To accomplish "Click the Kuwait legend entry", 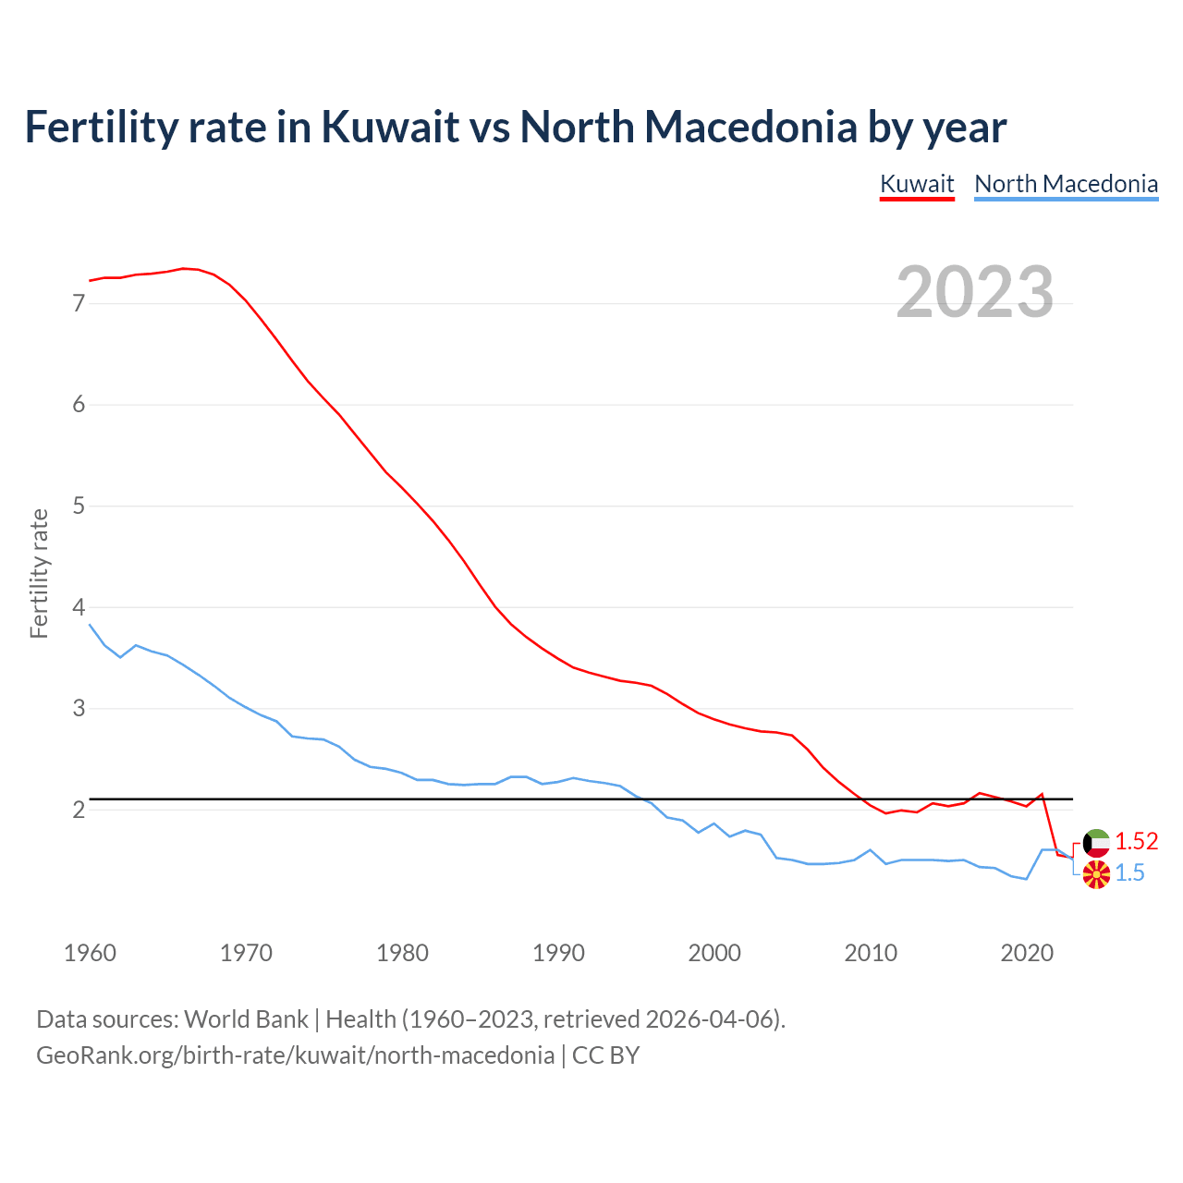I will click(x=916, y=184).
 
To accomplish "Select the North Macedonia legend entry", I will click(x=1066, y=184).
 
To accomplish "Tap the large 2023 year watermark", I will click(x=975, y=292).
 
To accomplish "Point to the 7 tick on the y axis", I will click(x=79, y=303).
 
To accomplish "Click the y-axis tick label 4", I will click(x=79, y=607).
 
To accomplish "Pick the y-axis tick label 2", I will click(x=79, y=810).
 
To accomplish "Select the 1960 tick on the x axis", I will click(x=90, y=953).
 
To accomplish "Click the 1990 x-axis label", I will click(x=558, y=953).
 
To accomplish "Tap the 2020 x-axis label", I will click(x=1027, y=953).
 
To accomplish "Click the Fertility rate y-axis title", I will click(x=39, y=573).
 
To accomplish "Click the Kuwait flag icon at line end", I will click(x=1096, y=842).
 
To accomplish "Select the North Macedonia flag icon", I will click(x=1096, y=873).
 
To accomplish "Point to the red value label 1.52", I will click(x=1136, y=841).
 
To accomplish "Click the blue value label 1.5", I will click(x=1129, y=873).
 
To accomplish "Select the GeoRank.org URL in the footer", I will click(x=295, y=1055).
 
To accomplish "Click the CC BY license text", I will click(x=605, y=1055).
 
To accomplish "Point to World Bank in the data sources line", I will click(x=246, y=1019).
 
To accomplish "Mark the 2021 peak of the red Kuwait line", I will click(x=1042, y=794).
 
